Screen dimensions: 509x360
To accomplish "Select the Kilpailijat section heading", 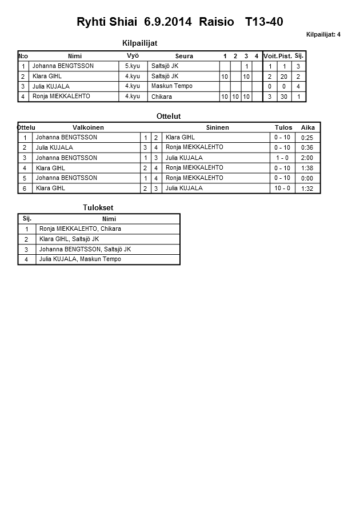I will point(140,43).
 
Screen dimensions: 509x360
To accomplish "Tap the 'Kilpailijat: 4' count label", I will point(323,34).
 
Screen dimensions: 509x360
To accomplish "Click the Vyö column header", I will point(133,55).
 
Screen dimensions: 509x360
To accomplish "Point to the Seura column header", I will point(184,56).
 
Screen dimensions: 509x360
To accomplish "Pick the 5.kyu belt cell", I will point(133,66).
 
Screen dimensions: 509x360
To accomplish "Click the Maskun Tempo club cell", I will point(172,86).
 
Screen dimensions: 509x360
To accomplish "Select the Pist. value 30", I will point(283,97).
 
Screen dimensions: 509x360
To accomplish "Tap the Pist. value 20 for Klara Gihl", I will point(283,77).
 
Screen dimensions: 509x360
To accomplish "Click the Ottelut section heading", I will point(169,116).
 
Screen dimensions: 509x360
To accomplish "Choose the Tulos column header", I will point(283,127).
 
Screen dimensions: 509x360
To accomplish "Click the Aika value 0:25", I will point(307,138).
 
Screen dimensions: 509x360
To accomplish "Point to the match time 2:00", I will point(307,158).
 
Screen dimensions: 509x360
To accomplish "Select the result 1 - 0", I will point(282,158).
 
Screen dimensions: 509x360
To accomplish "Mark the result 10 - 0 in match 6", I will point(282,189).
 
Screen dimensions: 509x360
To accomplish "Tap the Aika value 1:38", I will point(307,168).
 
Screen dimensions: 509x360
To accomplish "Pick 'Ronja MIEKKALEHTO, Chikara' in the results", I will point(80,229).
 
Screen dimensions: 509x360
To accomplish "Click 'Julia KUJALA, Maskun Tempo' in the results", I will point(80,259).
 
